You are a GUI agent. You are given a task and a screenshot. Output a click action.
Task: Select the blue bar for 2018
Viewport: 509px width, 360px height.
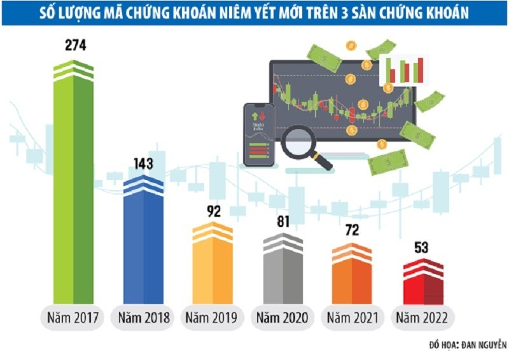[x=144, y=242]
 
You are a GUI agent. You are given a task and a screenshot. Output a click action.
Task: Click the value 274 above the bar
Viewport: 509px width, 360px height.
[x=74, y=46]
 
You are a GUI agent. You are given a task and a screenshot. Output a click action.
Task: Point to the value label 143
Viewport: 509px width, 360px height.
[x=144, y=163]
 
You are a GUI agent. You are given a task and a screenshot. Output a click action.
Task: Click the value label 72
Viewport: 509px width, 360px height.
[x=351, y=230]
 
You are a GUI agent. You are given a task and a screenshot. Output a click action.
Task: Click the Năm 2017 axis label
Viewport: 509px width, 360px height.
[x=73, y=317]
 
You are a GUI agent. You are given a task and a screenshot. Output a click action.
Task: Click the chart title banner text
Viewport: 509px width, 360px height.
[x=254, y=13]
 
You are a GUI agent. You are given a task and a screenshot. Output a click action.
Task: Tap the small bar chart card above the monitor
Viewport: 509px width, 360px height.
[x=404, y=69]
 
